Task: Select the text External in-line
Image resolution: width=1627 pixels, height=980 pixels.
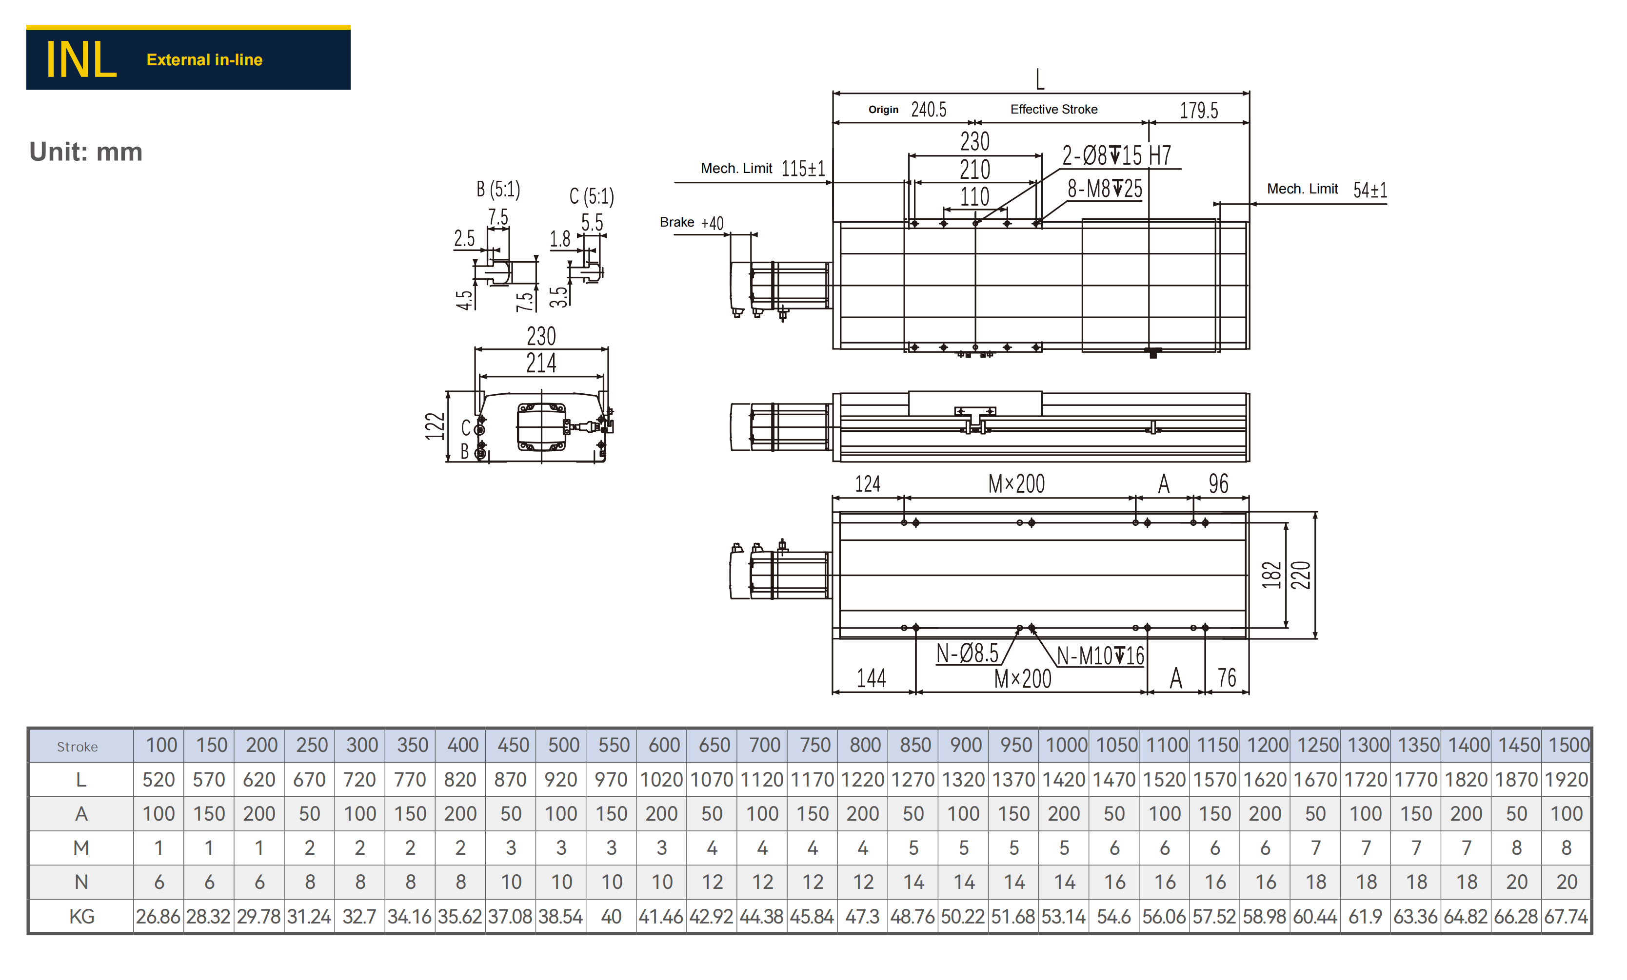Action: (205, 60)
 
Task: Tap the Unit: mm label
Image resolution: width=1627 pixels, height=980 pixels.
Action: (86, 152)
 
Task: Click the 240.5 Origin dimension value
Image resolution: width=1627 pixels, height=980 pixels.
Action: (929, 110)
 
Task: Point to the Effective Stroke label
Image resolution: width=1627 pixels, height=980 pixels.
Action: (1054, 110)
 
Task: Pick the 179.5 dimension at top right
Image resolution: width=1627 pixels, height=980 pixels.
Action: (1199, 110)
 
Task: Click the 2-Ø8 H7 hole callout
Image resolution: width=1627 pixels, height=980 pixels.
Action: (1116, 156)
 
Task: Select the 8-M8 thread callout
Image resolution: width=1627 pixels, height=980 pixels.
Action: (1105, 189)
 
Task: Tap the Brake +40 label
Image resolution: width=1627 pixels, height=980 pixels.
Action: (692, 222)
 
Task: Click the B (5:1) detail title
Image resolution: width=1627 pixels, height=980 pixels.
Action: (498, 190)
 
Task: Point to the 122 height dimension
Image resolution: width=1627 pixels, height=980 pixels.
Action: (435, 426)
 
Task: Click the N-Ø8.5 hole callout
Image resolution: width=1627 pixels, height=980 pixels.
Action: (967, 653)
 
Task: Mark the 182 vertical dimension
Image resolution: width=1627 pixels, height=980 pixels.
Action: (1271, 575)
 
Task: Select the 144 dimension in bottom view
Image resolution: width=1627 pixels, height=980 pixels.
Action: (871, 678)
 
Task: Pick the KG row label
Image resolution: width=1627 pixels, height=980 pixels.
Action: (81, 916)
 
